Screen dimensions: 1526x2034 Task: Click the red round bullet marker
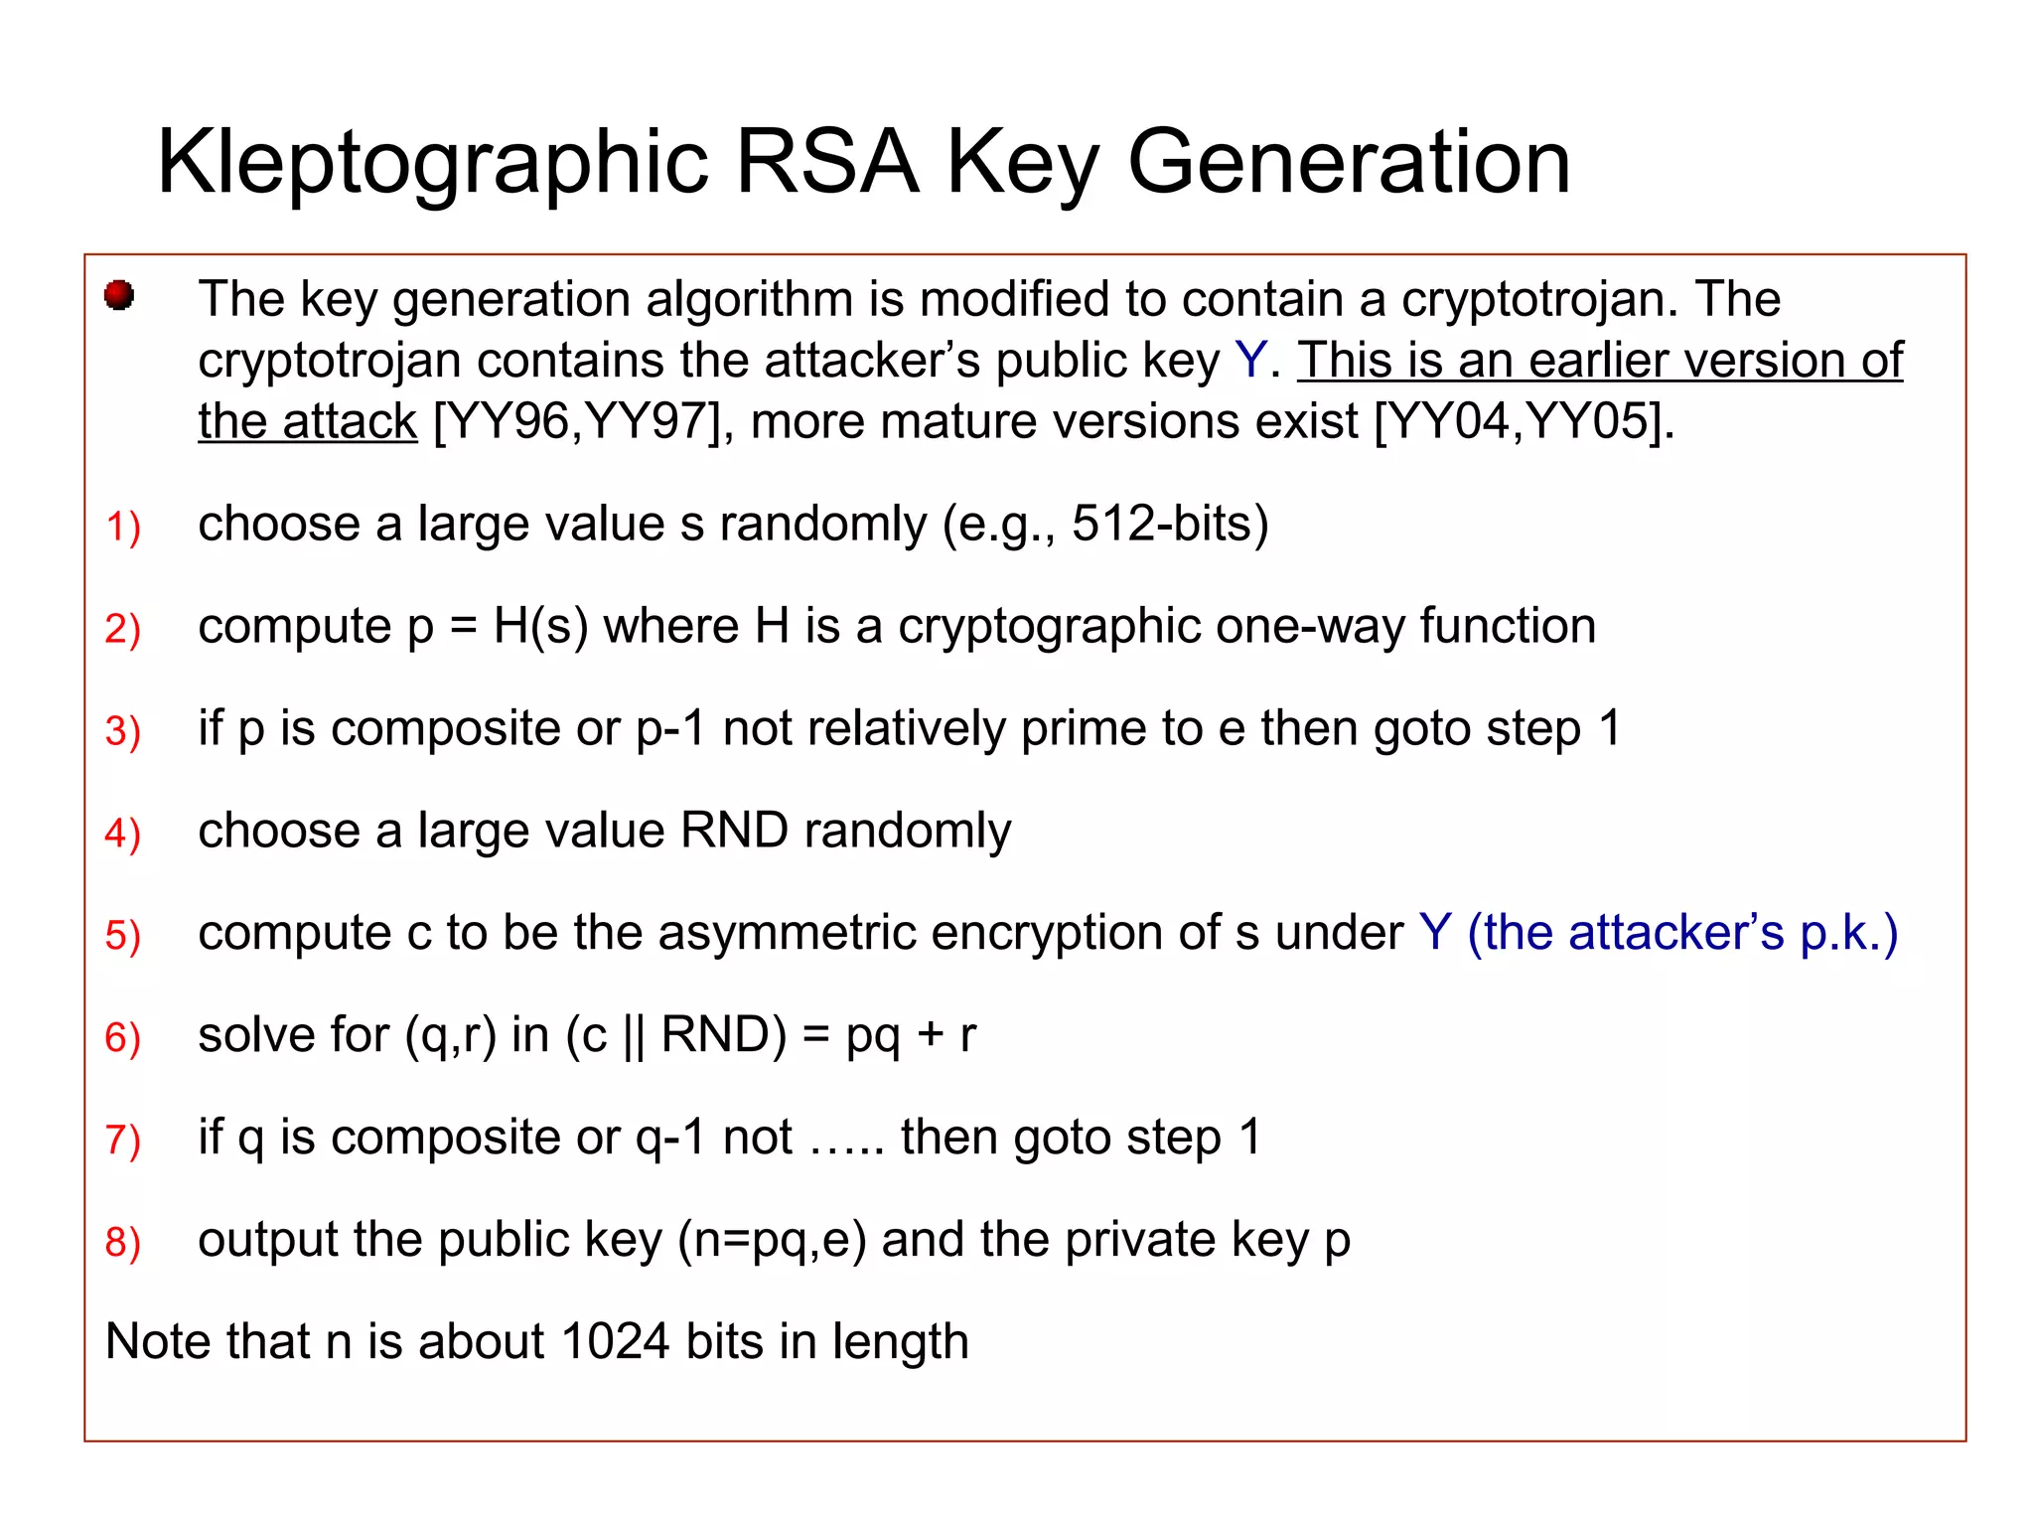coord(119,295)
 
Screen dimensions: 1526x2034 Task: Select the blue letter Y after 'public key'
coord(1250,360)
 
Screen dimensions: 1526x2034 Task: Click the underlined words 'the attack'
coord(307,421)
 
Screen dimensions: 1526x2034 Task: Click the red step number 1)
coord(123,526)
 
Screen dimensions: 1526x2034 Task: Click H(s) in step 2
coord(540,626)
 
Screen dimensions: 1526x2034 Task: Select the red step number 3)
coord(123,730)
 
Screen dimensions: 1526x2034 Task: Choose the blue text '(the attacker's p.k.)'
coord(1682,933)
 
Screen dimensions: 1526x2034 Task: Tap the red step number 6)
coord(123,1037)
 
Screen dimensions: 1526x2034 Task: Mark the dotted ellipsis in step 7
coord(846,1139)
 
